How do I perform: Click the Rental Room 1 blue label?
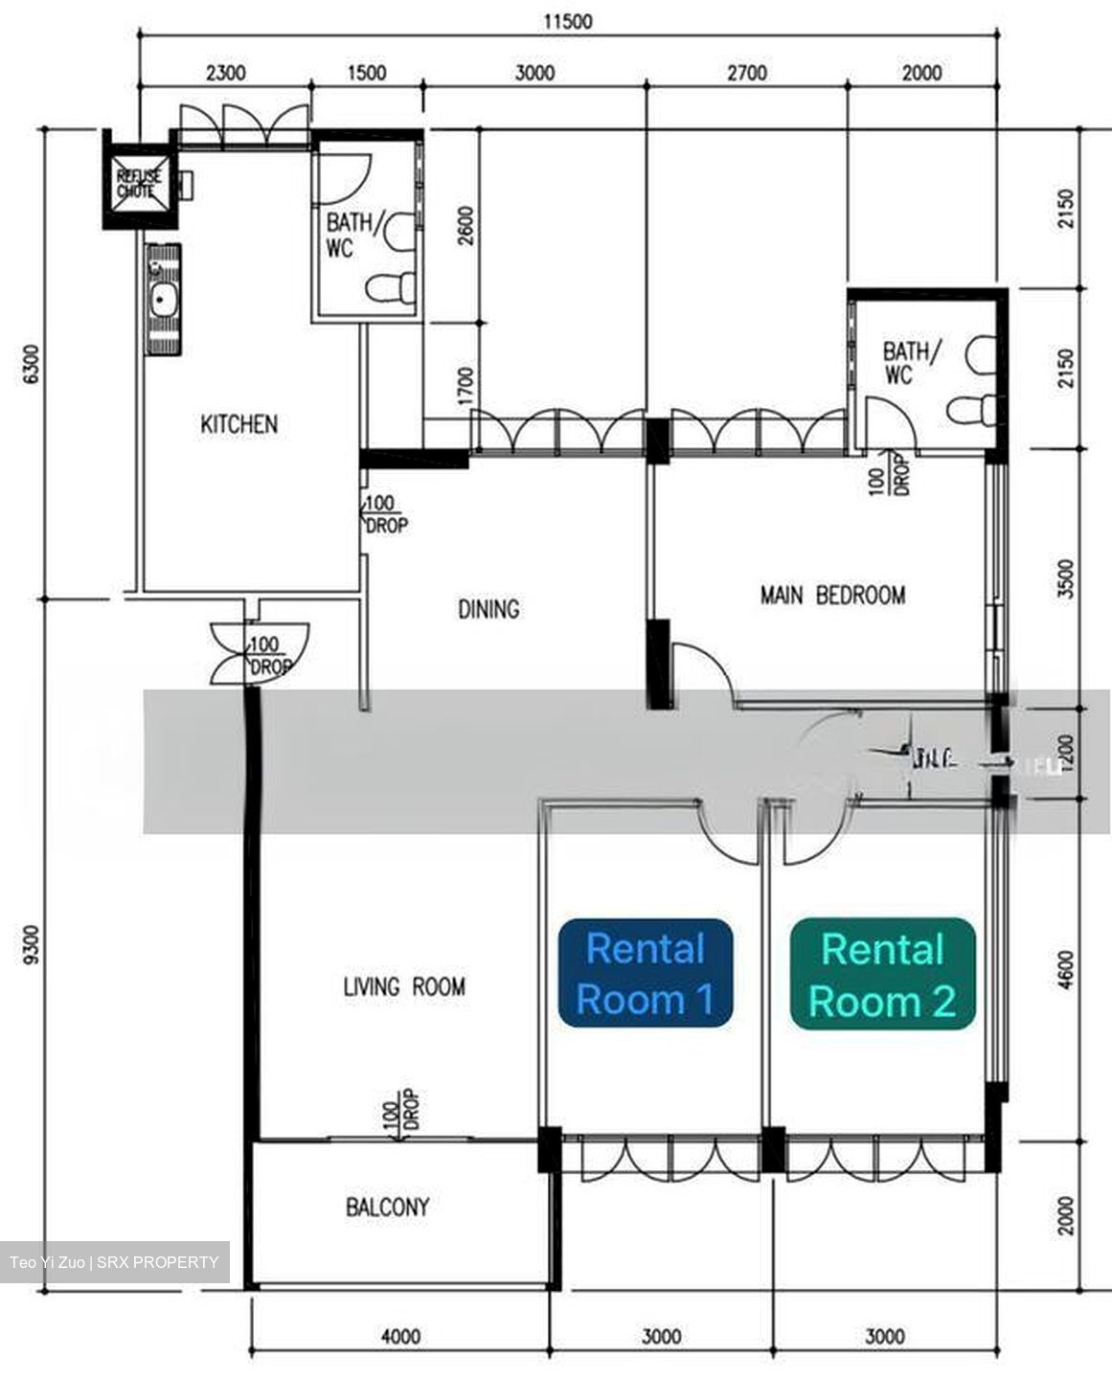click(646, 973)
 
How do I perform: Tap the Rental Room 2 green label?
click(882, 974)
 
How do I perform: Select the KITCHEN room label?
click(238, 423)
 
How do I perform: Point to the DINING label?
click(488, 608)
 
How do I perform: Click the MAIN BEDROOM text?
click(832, 596)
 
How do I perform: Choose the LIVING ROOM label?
click(404, 985)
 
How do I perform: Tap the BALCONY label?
click(388, 1207)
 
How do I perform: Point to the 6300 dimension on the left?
click(32, 364)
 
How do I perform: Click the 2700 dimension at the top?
click(747, 73)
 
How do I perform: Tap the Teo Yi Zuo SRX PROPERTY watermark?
click(114, 1261)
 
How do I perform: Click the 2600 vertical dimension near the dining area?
click(465, 226)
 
